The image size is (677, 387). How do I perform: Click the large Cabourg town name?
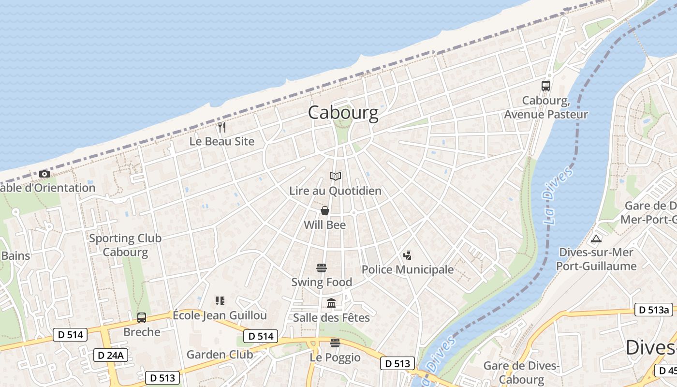point(343,113)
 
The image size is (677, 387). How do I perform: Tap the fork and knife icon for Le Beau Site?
point(222,127)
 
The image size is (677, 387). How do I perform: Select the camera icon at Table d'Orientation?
point(44,174)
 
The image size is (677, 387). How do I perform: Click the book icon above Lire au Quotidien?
point(335,177)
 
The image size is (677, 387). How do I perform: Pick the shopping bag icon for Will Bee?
point(325,210)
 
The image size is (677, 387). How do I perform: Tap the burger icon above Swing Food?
point(322,268)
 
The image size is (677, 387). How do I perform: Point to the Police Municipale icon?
point(407,255)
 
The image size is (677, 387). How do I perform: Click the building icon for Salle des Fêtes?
point(332,303)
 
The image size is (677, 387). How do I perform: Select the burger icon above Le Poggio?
point(335,343)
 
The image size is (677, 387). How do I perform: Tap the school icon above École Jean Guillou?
point(220,301)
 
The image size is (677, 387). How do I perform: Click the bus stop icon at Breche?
point(142,317)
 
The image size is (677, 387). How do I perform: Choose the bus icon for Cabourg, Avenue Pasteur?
point(546,86)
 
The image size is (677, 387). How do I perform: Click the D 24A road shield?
point(110,355)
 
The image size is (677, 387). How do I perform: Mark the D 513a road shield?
point(653,310)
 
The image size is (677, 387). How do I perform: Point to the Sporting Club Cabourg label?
point(125,245)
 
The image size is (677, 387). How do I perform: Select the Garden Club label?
point(220,355)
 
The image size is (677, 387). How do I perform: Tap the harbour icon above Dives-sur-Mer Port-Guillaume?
point(596,238)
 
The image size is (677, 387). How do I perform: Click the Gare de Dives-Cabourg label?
point(521,372)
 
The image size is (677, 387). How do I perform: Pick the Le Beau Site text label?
point(221,142)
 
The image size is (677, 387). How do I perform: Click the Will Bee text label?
point(324,225)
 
